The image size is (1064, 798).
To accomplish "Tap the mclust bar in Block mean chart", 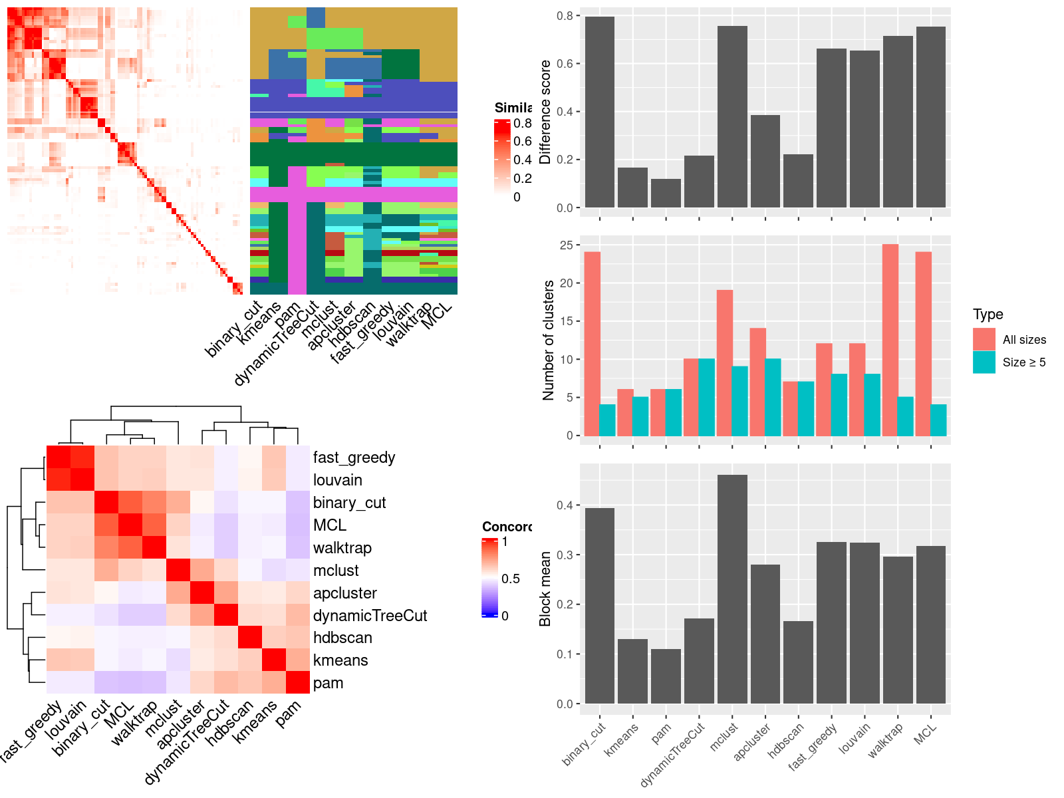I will (x=732, y=589).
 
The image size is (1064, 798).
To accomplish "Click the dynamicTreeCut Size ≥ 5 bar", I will (x=707, y=398).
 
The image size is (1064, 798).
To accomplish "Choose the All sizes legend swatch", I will (x=984, y=339).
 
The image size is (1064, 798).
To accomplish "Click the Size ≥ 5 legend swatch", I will (x=984, y=362).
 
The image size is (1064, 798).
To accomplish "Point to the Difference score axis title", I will (x=545, y=112).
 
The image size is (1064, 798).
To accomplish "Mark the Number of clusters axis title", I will (x=549, y=340).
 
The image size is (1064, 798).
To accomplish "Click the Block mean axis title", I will (x=545, y=589).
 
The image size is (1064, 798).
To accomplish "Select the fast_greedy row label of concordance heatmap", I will (x=354, y=458).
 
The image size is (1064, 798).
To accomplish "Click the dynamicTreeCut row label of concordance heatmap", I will (x=370, y=616).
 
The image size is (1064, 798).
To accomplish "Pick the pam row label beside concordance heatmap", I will (x=328, y=683).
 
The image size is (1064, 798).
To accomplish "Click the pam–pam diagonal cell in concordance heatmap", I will (x=298, y=682).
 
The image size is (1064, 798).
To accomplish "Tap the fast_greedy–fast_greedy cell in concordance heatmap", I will (x=59, y=458).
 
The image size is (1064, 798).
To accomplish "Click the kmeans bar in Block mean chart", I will (x=632, y=671).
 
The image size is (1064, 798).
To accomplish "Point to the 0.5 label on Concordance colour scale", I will (x=511, y=579).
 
